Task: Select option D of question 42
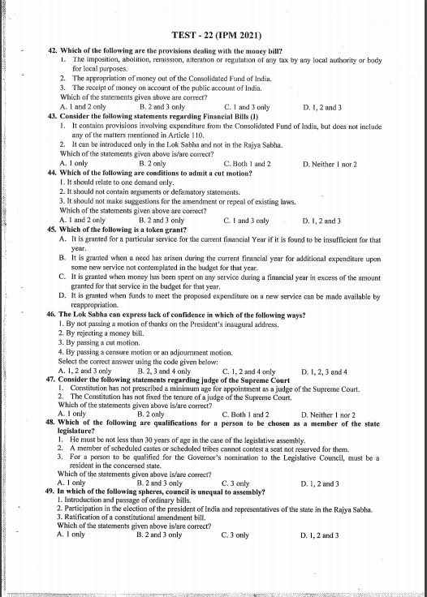(x=321, y=107)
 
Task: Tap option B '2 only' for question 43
(x=153, y=164)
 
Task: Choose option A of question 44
(x=83, y=220)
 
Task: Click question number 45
(x=54, y=230)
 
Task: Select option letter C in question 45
(x=63, y=276)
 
